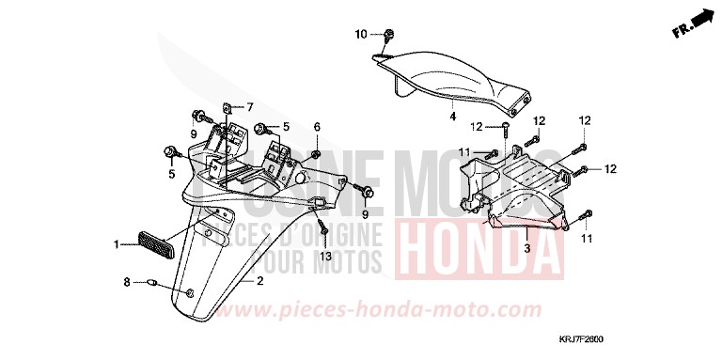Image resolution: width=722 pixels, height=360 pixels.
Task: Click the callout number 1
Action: coord(118,244)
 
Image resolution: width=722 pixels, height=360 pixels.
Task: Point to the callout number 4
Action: coord(451,117)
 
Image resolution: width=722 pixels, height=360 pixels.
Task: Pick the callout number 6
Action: coord(317,127)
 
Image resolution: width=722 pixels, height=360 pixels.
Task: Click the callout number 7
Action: coord(250,106)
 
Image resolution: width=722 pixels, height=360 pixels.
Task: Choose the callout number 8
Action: coord(126,281)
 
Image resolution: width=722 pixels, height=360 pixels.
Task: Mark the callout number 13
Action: coord(325,257)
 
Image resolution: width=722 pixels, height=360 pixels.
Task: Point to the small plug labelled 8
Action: coord(149,281)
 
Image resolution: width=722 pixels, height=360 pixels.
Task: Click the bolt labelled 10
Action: coord(388,36)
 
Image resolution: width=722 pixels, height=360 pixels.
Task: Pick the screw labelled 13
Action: coord(323,228)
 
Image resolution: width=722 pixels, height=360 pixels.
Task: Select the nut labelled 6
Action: coord(317,152)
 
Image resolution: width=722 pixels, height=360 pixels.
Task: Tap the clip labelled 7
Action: coord(228,108)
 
